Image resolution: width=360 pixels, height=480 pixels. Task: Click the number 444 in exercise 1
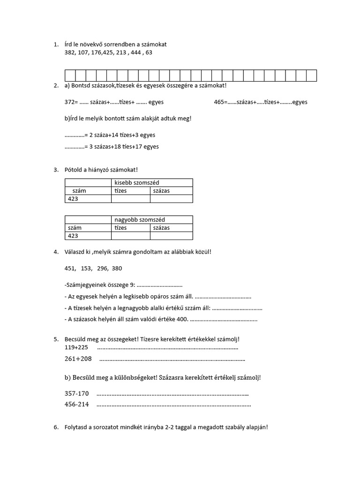coord(136,52)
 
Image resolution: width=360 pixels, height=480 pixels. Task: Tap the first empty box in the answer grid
coord(70,75)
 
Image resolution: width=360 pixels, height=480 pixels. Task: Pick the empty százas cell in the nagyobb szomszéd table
coord(171,236)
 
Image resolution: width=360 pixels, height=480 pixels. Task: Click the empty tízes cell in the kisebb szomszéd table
coord(130,199)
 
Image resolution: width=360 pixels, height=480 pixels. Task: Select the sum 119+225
coord(76,347)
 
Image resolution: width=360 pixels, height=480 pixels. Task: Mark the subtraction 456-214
coord(76,404)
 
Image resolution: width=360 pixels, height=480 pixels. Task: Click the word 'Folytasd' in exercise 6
coord(76,427)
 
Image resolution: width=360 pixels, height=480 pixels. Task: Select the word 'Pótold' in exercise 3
coord(74,169)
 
